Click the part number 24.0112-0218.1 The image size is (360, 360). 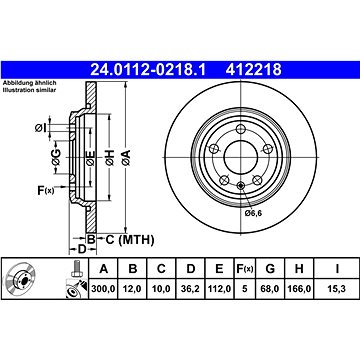tap(148, 70)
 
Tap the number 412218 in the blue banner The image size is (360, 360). tap(254, 70)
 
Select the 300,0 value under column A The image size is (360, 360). tap(103, 289)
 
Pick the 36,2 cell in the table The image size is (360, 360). tap(190, 289)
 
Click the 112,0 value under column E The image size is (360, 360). tap(219, 289)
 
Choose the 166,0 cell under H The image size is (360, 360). tap(299, 289)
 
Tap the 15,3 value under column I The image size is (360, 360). tap(337, 289)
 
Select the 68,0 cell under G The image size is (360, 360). tap(270, 289)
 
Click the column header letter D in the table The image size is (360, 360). tap(190, 268)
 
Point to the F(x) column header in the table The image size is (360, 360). tap(245, 268)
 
